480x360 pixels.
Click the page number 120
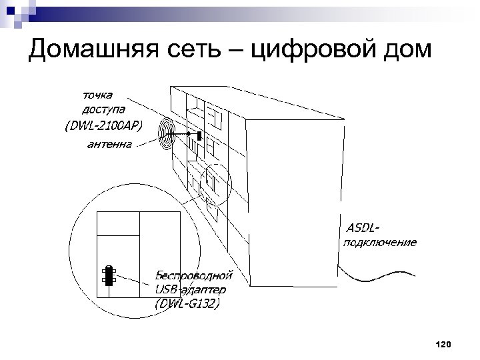coord(442,344)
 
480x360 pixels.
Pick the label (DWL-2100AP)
coord(103,125)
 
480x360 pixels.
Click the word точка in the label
coord(97,95)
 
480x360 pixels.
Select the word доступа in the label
coord(103,109)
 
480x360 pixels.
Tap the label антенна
coord(109,143)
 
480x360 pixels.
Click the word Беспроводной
coord(193,275)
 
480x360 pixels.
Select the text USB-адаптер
coord(190,289)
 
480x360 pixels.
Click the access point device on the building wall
coord(199,133)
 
